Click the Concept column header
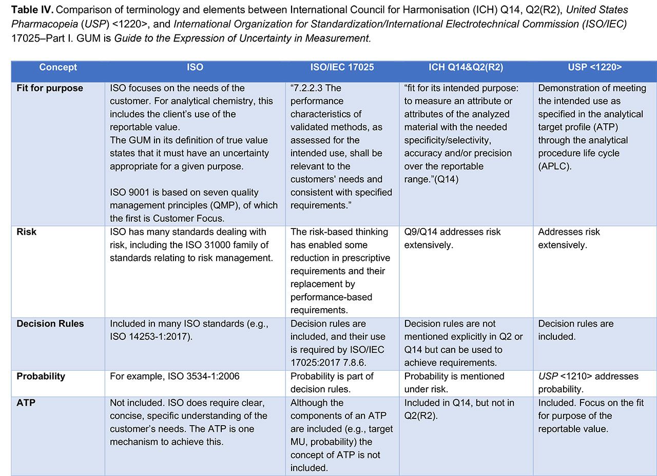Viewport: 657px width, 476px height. (x=58, y=67)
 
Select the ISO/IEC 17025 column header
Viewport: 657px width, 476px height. (x=342, y=67)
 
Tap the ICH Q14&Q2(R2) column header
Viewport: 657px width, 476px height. (x=466, y=67)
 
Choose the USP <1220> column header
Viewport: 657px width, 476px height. (x=594, y=67)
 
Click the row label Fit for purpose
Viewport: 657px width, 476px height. (x=50, y=88)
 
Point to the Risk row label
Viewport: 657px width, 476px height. (x=27, y=232)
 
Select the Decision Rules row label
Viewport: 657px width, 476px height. (x=50, y=324)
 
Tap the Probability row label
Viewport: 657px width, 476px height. (x=41, y=376)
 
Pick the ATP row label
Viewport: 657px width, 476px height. (x=26, y=403)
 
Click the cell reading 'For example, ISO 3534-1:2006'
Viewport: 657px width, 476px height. (x=175, y=376)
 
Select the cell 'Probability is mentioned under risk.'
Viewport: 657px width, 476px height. (x=454, y=383)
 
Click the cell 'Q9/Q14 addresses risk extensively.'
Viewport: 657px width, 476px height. (x=452, y=238)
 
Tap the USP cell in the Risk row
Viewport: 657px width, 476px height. (x=569, y=238)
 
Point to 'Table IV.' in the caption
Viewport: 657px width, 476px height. (x=29, y=10)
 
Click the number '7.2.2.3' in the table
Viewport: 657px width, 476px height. (x=310, y=88)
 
